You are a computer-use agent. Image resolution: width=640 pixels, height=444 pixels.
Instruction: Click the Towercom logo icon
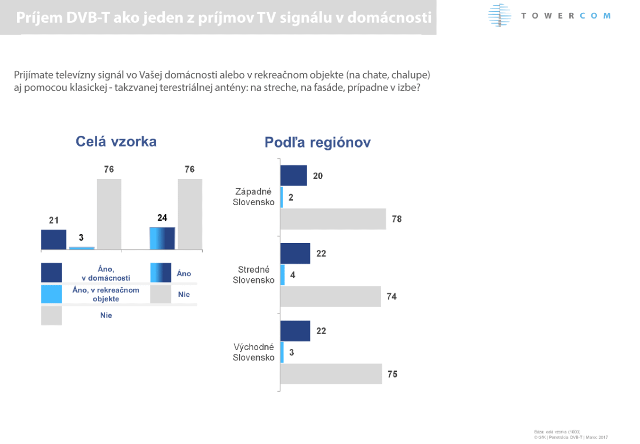(500, 15)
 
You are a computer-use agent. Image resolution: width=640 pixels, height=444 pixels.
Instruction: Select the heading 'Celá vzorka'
(116, 141)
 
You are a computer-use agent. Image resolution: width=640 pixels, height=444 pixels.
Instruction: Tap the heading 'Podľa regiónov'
(317, 143)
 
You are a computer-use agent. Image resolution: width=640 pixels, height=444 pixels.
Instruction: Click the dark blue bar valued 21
(53, 239)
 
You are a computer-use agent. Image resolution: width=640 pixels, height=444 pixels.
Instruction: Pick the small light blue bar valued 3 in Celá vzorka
(82, 248)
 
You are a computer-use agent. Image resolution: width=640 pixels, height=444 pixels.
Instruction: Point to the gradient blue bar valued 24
(162, 238)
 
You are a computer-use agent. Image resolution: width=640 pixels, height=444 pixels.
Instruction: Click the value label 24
(162, 218)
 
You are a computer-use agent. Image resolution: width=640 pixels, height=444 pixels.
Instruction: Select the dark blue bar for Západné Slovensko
(293, 175)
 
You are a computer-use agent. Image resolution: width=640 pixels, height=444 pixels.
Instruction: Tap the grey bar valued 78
(333, 219)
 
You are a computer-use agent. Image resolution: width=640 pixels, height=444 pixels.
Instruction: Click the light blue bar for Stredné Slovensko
(282, 275)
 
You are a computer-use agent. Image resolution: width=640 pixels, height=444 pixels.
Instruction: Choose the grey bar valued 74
(330, 296)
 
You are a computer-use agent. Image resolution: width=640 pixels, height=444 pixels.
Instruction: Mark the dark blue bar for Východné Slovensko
(295, 330)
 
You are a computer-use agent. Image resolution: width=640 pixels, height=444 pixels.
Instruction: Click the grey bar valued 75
(331, 374)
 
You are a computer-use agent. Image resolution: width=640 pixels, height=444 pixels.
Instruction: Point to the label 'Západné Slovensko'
(254, 197)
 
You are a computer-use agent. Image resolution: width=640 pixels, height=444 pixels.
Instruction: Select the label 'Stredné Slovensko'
(254, 275)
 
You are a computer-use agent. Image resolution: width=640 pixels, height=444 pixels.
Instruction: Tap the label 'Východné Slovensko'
(254, 352)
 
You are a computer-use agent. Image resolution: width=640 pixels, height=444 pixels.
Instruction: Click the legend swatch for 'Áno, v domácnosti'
(51, 272)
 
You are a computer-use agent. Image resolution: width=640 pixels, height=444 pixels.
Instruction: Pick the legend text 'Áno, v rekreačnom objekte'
(106, 294)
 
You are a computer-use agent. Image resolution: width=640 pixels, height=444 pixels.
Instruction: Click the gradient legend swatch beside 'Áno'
(161, 272)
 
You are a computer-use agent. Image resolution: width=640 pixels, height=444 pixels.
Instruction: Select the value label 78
(396, 219)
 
